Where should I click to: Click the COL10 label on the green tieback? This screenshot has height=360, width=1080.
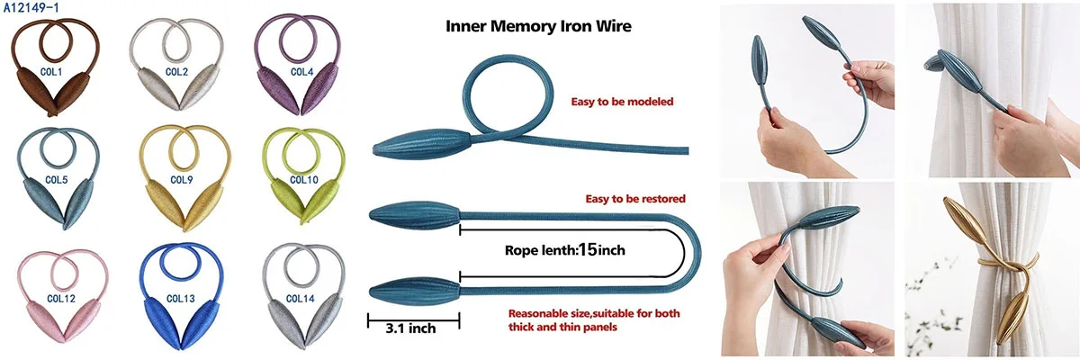point(303,180)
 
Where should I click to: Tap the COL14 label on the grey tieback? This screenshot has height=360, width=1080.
point(301,298)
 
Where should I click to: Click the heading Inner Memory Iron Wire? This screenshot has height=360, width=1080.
point(539,26)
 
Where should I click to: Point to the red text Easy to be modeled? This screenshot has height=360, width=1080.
point(623,102)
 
